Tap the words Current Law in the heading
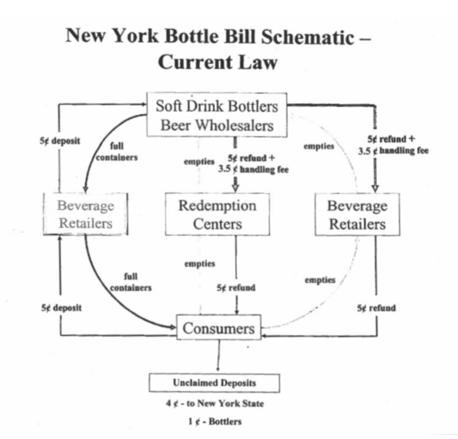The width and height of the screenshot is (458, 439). click(x=217, y=62)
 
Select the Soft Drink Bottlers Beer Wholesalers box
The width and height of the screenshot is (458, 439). click(x=217, y=115)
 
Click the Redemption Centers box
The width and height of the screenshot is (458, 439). click(x=217, y=214)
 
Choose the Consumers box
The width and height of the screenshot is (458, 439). click(x=218, y=328)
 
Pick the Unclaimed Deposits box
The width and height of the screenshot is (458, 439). click(x=214, y=383)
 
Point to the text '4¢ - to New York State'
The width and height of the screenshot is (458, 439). click(x=215, y=403)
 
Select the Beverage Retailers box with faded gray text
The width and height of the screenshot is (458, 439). click(x=85, y=214)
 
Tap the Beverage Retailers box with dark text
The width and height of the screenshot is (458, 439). click(x=357, y=214)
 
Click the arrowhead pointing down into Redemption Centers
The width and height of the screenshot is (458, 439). click(x=235, y=188)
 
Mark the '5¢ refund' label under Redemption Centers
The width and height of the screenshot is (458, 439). click(x=236, y=288)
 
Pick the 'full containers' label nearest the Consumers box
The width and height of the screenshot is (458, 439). click(x=131, y=282)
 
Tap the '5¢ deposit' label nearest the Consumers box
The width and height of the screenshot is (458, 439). click(x=61, y=308)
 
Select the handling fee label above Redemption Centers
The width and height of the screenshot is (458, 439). click(x=253, y=164)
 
